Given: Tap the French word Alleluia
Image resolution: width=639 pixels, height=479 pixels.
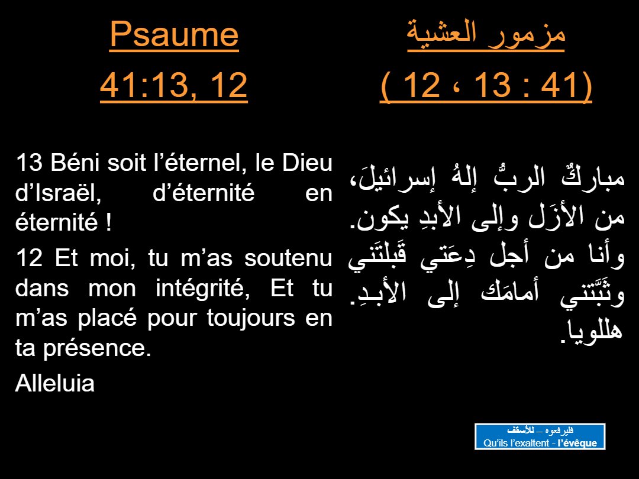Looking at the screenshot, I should tap(54, 384).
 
